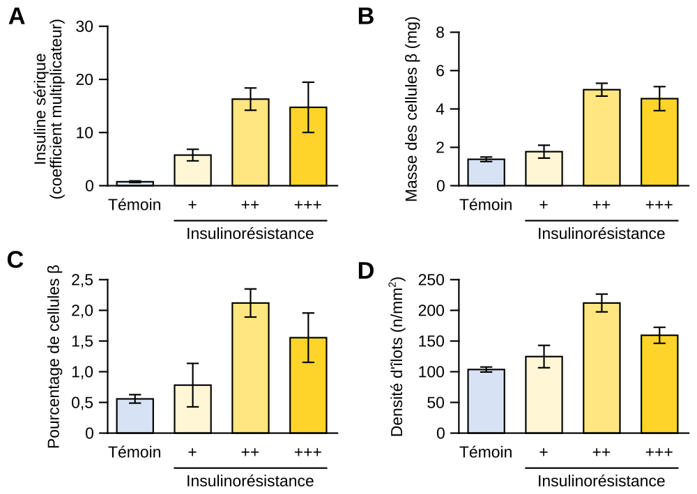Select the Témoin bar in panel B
click(486, 172)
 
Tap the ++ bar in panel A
click(250, 142)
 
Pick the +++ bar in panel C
click(308, 385)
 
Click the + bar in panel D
click(544, 394)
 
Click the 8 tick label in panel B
click(440, 32)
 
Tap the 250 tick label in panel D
click(432, 279)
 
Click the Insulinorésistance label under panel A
click(250, 233)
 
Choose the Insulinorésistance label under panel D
click(602, 481)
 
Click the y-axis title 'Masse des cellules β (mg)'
click(411, 110)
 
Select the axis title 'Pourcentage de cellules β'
click(55, 357)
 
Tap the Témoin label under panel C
click(135, 452)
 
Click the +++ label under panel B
click(659, 205)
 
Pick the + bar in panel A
click(192, 170)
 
